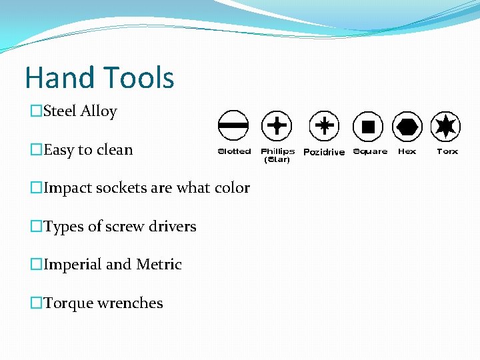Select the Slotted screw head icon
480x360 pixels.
(x=233, y=125)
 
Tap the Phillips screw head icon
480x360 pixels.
(x=276, y=125)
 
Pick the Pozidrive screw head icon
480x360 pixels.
(x=324, y=125)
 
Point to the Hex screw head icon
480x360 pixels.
(x=407, y=125)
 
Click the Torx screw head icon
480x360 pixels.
(x=445, y=125)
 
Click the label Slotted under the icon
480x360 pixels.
(x=234, y=151)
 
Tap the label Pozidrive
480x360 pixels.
(x=324, y=152)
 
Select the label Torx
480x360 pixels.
(x=447, y=151)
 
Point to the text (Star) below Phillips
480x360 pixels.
(x=277, y=160)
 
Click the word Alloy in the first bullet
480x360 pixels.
(x=99, y=111)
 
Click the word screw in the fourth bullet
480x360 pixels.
(x=125, y=227)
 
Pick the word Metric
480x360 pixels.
(x=159, y=265)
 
